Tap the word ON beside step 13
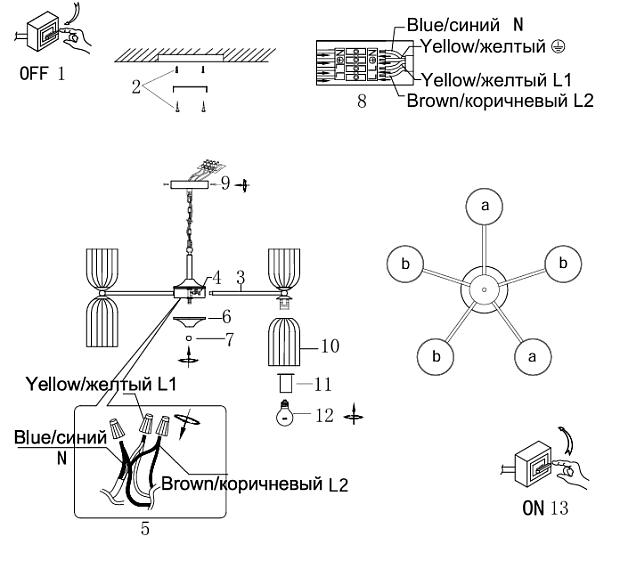point(531,507)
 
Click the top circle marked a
point(485,206)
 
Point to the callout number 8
point(361,101)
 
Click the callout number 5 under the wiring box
point(145,529)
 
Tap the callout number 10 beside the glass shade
point(331,346)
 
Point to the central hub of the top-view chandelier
point(483,288)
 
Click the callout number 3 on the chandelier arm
point(239,274)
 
